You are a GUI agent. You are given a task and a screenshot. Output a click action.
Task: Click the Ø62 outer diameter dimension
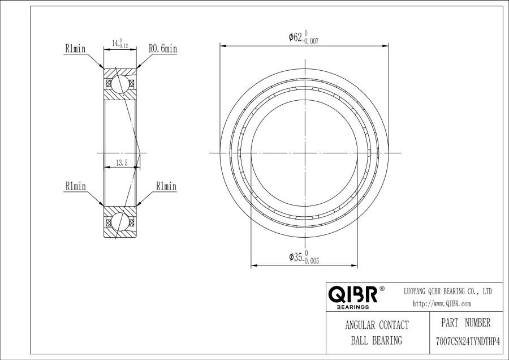pyautogui.click(x=304, y=37)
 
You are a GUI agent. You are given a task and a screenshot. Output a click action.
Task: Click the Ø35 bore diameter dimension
pyautogui.click(x=304, y=257)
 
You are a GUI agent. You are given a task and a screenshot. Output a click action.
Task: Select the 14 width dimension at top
pyautogui.click(x=120, y=43)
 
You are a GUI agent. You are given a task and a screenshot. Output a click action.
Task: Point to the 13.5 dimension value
pyautogui.click(x=122, y=163)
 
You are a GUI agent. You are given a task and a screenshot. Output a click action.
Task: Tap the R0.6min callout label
pyautogui.click(x=163, y=49)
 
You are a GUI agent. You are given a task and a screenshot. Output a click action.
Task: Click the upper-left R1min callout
pyautogui.click(x=75, y=49)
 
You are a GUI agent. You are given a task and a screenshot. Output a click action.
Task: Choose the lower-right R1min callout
pyautogui.click(x=166, y=186)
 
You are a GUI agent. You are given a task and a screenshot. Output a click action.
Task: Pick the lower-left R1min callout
pyautogui.click(x=76, y=186)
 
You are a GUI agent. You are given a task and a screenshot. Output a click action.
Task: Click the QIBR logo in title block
pyautogui.click(x=353, y=294)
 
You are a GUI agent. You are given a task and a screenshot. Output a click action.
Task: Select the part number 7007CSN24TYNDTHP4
pyautogui.click(x=468, y=342)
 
